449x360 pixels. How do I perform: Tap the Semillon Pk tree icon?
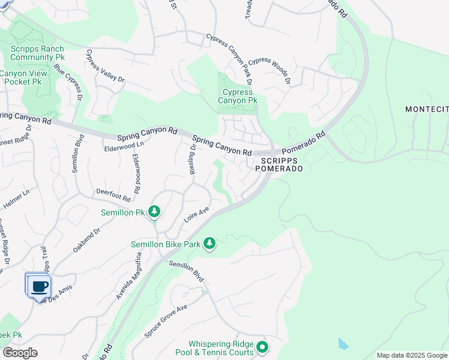coord(155,212)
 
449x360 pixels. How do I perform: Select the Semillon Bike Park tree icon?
coord(209,243)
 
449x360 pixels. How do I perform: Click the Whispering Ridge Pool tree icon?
coord(262,347)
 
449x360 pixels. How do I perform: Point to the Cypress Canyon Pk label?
coord(238,97)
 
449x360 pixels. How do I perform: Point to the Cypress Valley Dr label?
coord(104,66)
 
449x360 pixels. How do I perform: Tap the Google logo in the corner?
coord(20,353)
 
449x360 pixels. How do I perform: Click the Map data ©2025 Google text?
coord(411,355)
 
